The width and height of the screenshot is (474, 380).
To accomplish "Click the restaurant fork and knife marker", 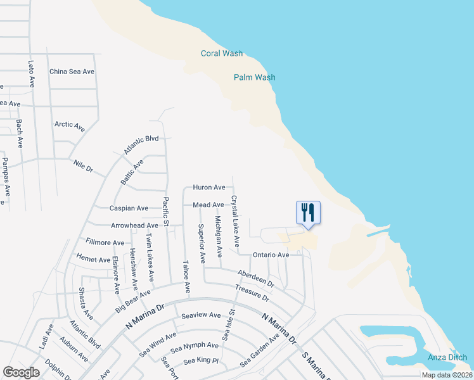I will tap(308, 213).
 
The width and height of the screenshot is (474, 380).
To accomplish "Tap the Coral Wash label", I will tap(222, 53).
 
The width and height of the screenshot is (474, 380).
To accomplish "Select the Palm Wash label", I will tap(254, 77).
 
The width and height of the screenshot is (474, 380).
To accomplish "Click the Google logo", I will tap(21, 372).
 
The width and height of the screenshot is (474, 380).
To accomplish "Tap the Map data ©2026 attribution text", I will tap(447, 375).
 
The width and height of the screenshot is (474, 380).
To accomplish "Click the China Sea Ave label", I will tap(72, 72).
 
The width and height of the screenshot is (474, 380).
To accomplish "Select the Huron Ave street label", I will tap(209, 187).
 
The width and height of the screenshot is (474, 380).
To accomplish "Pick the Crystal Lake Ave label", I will tap(235, 221).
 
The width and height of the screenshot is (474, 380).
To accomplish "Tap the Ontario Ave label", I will tap(271, 255).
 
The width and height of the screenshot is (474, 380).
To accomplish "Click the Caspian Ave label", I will tap(129, 208).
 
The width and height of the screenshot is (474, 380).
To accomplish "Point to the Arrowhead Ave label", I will tap(134, 225).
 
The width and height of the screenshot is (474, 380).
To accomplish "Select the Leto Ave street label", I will tap(31, 73).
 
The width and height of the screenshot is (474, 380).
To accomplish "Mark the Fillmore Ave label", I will tap(105, 243).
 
